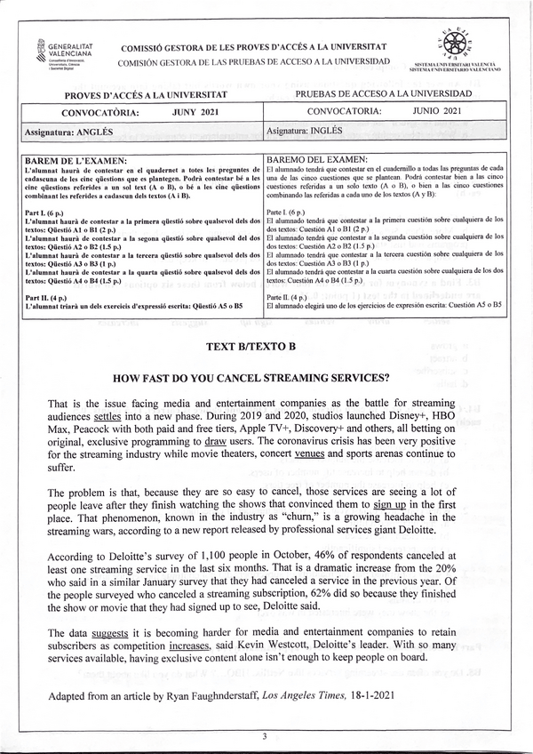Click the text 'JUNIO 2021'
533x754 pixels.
(x=437, y=111)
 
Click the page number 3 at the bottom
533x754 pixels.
(x=264, y=737)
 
